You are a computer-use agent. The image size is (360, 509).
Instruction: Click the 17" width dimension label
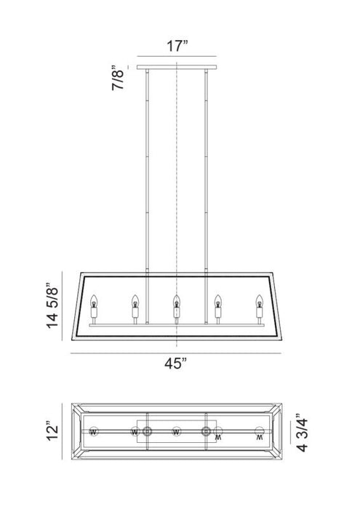(x=177, y=45)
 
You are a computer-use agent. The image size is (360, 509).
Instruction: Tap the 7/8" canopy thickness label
(x=116, y=79)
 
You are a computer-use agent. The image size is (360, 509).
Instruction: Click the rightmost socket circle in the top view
(x=260, y=433)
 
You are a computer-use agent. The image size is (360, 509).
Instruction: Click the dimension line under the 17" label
(x=177, y=57)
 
